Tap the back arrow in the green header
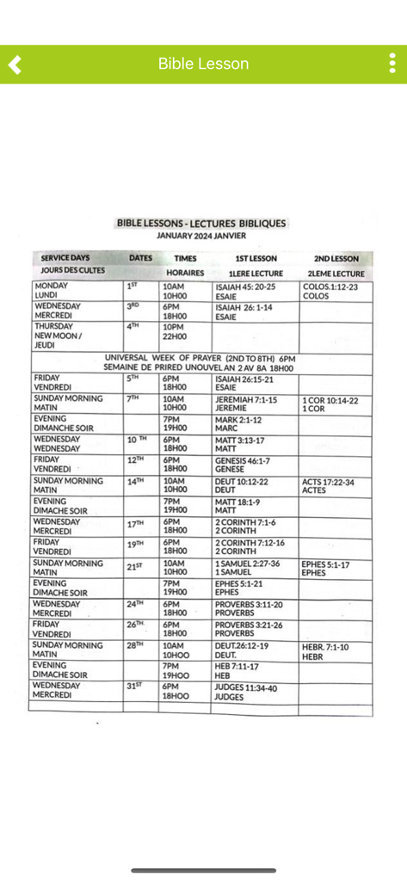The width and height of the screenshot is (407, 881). click(x=15, y=64)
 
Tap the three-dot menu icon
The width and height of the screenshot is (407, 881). click(x=392, y=64)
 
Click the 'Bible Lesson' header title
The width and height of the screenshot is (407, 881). click(x=203, y=64)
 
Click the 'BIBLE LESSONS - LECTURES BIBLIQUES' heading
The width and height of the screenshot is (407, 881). click(x=201, y=223)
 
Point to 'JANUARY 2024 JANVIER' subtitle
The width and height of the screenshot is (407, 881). click(x=201, y=235)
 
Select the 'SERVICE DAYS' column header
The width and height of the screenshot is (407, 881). click(x=65, y=258)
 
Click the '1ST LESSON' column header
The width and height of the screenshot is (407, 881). click(x=256, y=258)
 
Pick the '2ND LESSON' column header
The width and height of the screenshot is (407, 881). click(x=336, y=258)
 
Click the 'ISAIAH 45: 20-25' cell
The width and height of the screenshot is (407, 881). click(x=245, y=286)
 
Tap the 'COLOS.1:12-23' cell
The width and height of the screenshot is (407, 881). click(x=330, y=286)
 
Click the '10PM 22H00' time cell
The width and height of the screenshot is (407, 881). click(x=174, y=331)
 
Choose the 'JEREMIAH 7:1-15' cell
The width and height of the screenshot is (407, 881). click(x=246, y=400)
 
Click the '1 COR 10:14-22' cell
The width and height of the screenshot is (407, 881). click(x=330, y=400)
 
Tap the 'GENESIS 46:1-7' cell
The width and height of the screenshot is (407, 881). click(x=243, y=461)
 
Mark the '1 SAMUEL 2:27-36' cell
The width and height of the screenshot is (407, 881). click(x=248, y=564)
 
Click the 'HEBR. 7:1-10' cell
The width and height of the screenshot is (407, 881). click(x=325, y=646)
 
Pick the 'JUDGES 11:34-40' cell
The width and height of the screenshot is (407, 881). click(x=246, y=687)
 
